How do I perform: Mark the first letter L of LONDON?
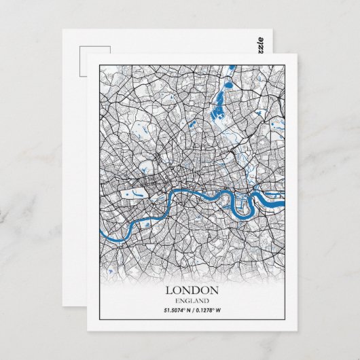pyautogui.click(x=169, y=290)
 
